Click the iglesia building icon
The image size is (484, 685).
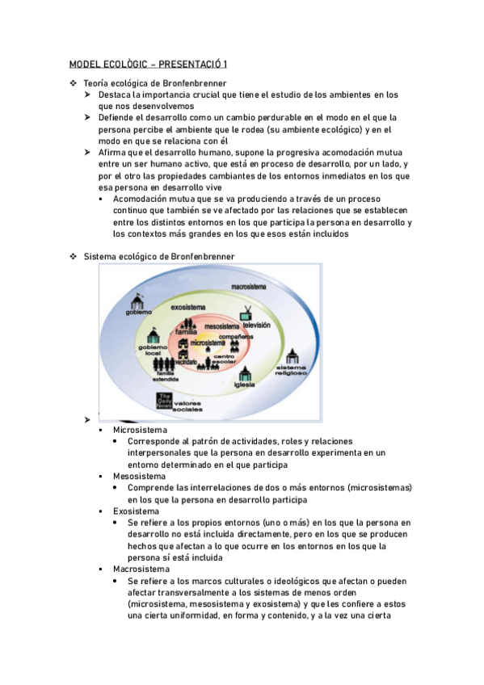[247, 373]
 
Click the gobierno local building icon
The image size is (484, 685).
[154, 336]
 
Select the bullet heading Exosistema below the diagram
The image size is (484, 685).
[137, 511]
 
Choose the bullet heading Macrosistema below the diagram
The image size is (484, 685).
[141, 569]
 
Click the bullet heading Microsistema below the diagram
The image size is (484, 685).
[141, 430]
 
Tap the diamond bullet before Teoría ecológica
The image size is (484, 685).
[74, 83]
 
